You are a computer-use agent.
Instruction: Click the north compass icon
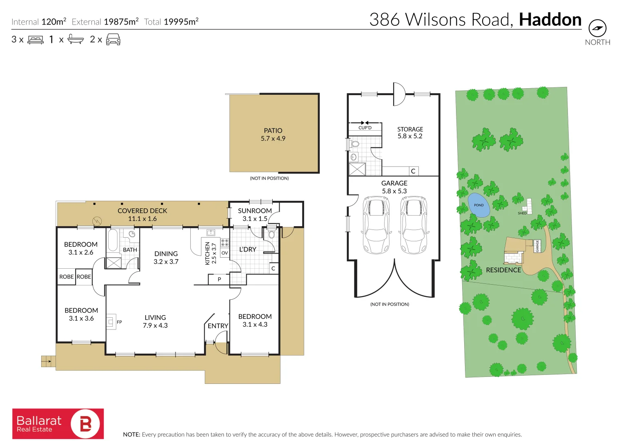point(597,28)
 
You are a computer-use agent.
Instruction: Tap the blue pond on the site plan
point(478,205)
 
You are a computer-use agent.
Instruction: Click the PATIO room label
point(273,131)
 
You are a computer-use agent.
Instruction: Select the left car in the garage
point(376,225)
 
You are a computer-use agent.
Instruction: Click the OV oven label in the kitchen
point(225,253)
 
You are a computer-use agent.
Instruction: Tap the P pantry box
point(219,280)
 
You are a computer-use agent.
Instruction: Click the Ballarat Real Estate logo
point(58,424)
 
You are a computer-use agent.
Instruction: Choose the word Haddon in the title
point(550,20)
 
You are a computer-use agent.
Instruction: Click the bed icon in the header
point(36,40)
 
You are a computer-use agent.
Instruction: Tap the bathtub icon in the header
point(76,40)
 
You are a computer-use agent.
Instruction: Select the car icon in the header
point(113,40)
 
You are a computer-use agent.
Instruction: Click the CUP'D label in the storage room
point(365,128)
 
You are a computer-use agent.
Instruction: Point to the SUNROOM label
point(255,211)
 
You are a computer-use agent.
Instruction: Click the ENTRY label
point(218,326)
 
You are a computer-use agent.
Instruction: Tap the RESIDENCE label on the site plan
point(503,270)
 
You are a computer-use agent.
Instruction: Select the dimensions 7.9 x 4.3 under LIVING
point(155,325)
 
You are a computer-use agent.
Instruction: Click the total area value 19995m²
point(181,22)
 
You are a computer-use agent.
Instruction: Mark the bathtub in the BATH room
point(113,239)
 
